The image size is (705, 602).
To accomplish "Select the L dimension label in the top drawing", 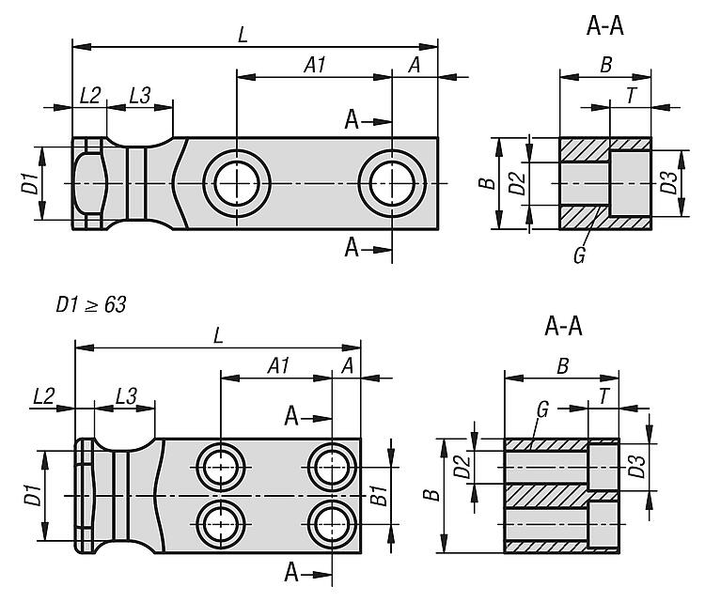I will coord(243,35).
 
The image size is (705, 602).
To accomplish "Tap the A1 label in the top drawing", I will coord(315,65).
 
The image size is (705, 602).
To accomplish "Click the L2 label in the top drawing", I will coord(90,95).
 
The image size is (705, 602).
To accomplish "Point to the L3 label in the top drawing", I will coord(140,95).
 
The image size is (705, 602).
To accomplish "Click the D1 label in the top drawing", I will coord(29,183).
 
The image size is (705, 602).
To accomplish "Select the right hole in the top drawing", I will coord(392,181).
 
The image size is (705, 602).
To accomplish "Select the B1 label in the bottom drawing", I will coord(378,493).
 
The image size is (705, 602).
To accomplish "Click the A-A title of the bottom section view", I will coord(563,327).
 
